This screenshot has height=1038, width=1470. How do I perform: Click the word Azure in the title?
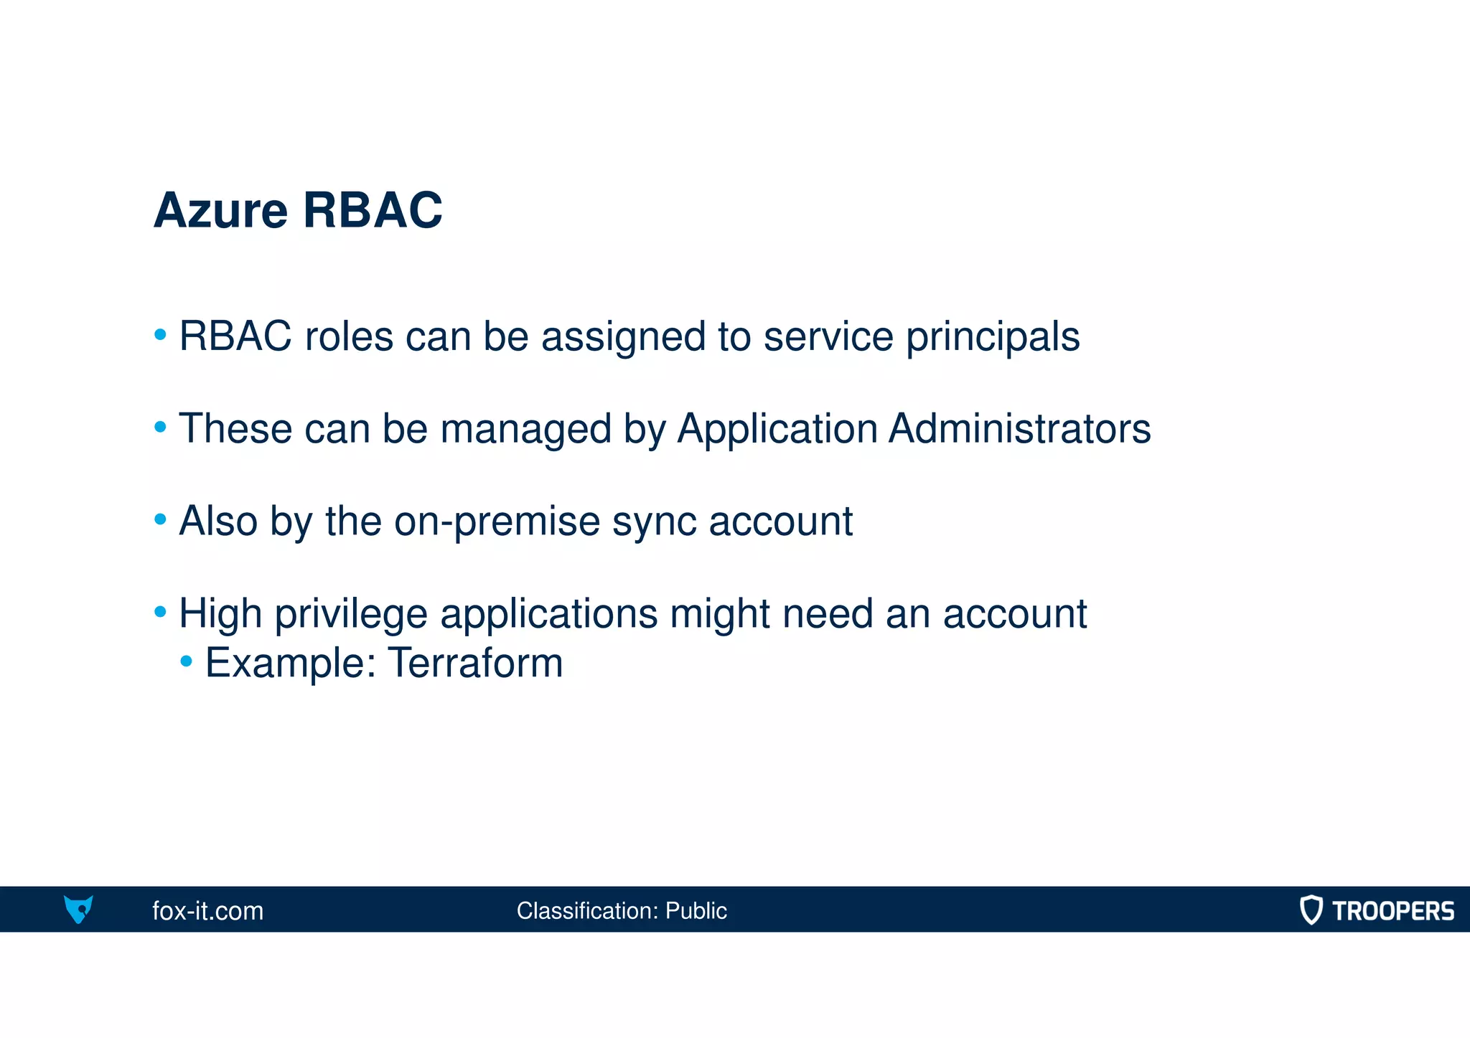220,211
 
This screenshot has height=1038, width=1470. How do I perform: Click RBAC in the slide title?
372,211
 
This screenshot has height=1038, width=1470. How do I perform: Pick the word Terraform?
475,663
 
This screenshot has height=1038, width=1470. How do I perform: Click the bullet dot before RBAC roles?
161,334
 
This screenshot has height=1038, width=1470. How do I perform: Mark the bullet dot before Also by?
161,519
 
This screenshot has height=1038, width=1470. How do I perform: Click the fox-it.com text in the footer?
207,911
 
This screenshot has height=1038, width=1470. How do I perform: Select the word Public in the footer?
696,911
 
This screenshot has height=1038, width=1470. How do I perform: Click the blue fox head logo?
78,909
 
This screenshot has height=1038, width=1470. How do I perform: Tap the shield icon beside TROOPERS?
1311,910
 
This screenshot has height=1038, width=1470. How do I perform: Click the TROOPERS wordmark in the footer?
1392,911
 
